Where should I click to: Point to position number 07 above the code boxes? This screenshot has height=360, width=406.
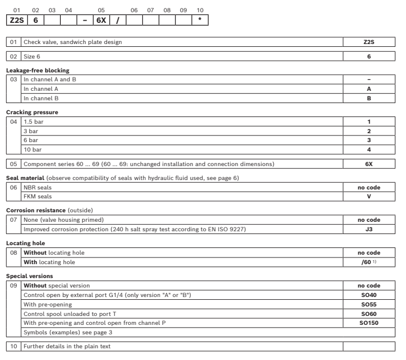click(x=150, y=10)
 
